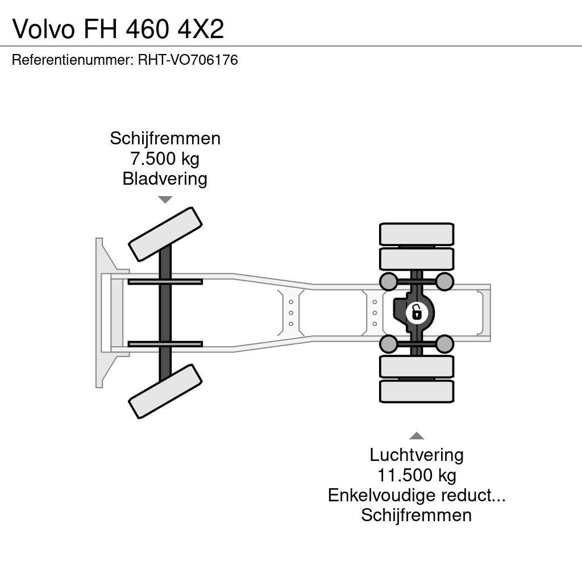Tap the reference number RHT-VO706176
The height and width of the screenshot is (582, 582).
pos(188,60)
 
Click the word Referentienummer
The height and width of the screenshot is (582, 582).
pos(72,60)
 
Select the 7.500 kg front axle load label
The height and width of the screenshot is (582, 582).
pos(165,159)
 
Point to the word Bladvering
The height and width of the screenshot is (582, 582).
pos(165,179)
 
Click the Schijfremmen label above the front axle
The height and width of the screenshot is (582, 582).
pos(165,138)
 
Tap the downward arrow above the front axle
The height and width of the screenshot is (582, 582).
pos(165,199)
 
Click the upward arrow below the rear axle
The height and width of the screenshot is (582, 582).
pos(417,436)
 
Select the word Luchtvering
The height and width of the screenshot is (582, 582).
pos(417,455)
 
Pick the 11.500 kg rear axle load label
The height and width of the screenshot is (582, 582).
pos(417,475)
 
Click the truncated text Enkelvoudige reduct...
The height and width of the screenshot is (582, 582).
pos(417,495)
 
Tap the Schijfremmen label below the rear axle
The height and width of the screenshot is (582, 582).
pos(417,516)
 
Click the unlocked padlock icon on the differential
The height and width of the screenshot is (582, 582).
pos(417,312)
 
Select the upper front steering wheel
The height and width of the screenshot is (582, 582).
pos(165,234)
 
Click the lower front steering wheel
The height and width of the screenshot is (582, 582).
pos(165,391)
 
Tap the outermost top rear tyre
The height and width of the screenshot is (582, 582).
pos(417,234)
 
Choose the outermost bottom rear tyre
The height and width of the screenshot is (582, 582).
pos(417,391)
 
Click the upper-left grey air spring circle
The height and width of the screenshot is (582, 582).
pos(388,281)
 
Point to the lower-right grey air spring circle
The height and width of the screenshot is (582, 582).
pos(444,344)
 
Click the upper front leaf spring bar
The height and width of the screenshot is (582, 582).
pos(165,282)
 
